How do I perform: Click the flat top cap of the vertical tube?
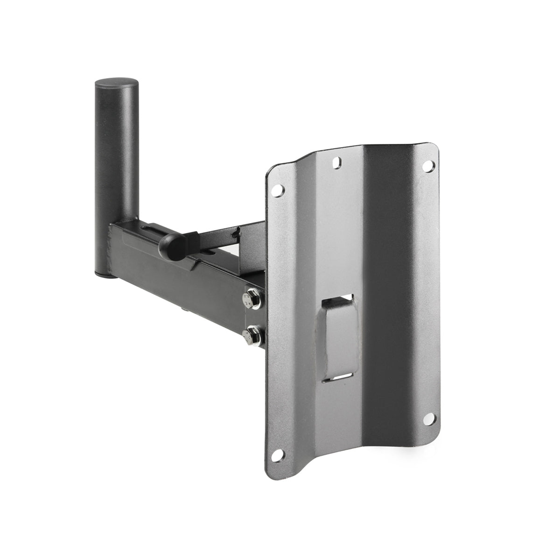coord(117,84)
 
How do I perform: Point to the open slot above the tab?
coord(339,300)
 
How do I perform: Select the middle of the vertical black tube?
coord(117,177)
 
